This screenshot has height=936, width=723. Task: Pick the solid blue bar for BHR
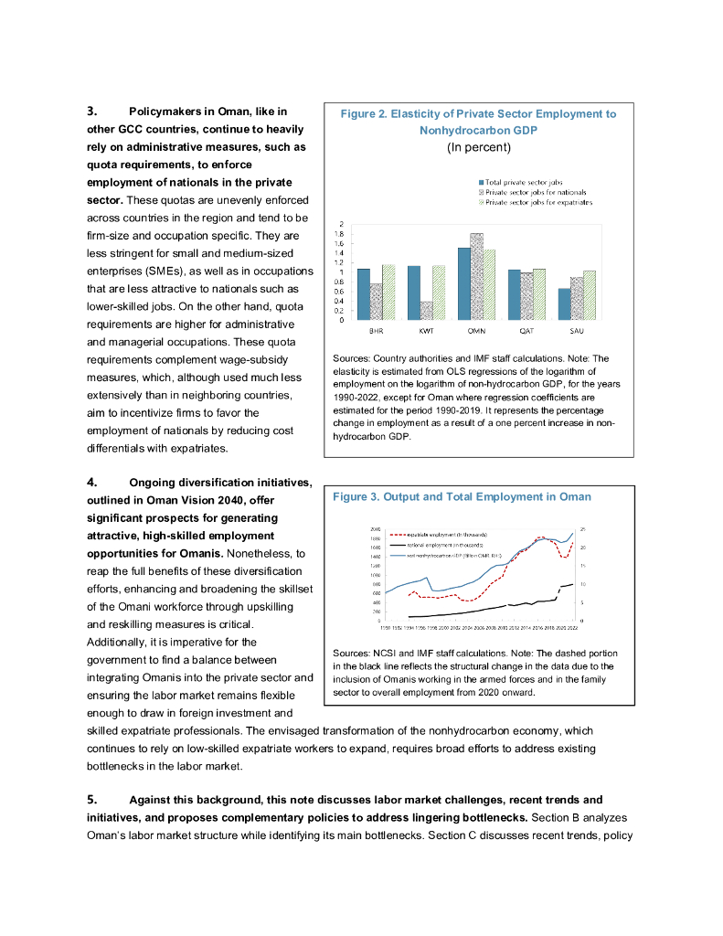point(363,294)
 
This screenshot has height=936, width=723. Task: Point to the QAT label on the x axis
point(526,330)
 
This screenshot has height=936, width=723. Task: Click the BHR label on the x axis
point(376,330)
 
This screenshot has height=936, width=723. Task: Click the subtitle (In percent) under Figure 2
point(478,147)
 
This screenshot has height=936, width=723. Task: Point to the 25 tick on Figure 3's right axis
point(583,529)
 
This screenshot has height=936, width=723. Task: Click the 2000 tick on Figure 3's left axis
point(376,529)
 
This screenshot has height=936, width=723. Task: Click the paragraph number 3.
point(92,112)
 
